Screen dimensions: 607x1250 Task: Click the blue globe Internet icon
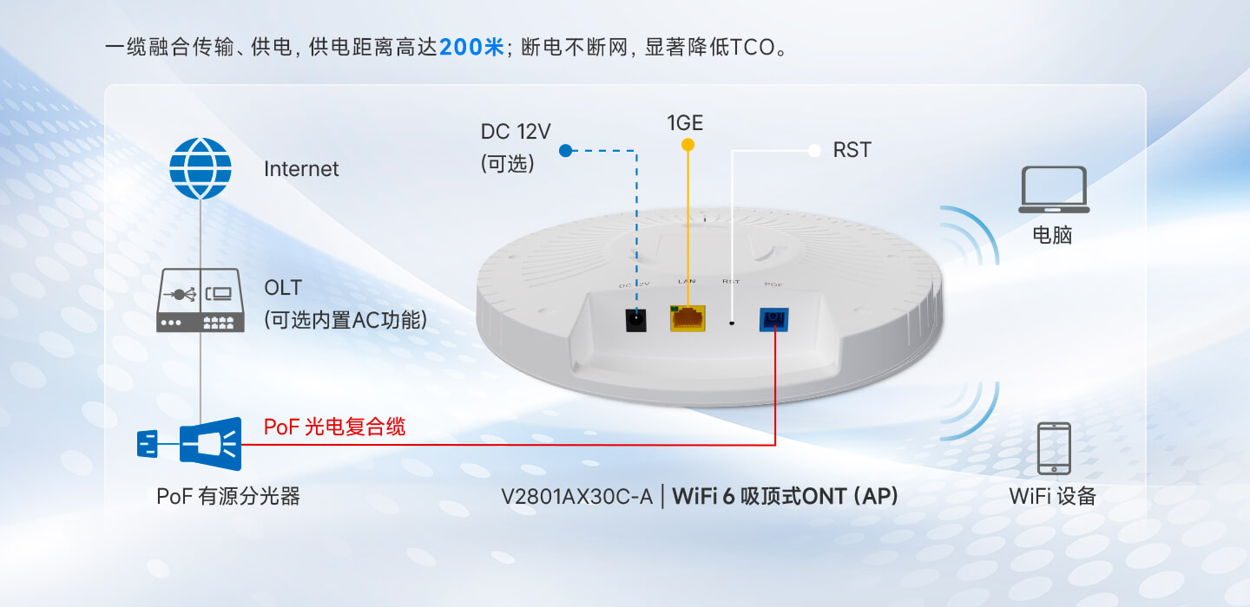(x=201, y=169)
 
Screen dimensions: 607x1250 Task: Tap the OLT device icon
(x=201, y=301)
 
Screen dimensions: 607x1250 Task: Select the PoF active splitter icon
(x=210, y=443)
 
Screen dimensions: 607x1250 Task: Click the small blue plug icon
(x=148, y=444)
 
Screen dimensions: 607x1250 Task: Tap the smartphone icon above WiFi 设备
(x=1053, y=448)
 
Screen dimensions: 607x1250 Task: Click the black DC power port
(x=638, y=319)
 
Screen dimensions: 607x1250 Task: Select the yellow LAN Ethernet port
(x=687, y=318)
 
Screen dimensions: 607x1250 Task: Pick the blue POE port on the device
(x=773, y=320)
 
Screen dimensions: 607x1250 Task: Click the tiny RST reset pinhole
(x=733, y=323)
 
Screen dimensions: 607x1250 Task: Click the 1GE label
(x=685, y=123)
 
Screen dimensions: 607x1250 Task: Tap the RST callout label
(x=852, y=150)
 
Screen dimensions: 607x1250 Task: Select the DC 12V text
(x=516, y=132)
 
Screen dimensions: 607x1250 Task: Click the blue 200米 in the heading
(x=471, y=47)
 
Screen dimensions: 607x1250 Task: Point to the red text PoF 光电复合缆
(x=334, y=427)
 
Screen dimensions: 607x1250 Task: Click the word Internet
(x=301, y=169)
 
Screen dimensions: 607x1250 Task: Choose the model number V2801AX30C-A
(x=576, y=497)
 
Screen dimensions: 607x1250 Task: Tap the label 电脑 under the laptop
(x=1052, y=235)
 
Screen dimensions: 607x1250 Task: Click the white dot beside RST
(x=814, y=151)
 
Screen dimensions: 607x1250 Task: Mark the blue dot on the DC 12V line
(x=565, y=151)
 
